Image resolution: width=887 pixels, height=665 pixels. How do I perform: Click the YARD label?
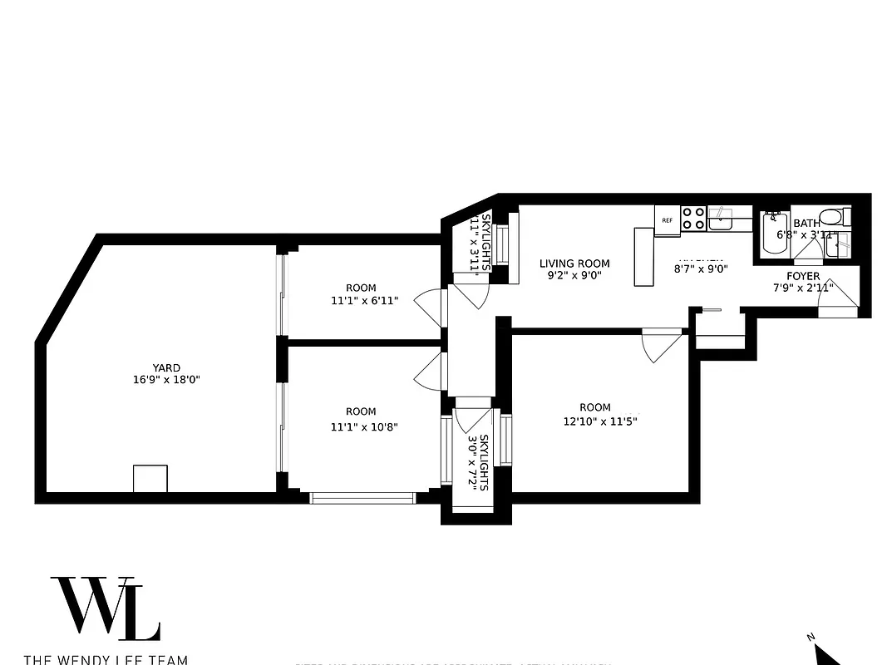coord(165,367)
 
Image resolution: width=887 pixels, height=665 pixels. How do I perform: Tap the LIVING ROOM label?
coord(574,264)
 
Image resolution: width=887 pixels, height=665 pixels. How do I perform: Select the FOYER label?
coord(803,276)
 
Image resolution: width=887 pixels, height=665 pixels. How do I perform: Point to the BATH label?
coord(806,223)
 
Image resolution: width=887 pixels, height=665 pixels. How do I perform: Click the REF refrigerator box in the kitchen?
coord(667,220)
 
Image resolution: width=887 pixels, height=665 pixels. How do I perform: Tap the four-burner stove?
coord(694,219)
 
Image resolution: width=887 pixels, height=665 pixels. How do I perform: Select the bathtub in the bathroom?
coord(773,234)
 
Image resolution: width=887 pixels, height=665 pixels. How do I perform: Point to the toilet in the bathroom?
coord(836,217)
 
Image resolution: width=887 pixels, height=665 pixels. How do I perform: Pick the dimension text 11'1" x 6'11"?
coord(364,301)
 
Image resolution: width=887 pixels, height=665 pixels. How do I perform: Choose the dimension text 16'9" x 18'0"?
coord(165,380)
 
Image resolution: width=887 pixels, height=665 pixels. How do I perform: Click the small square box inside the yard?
coord(150,480)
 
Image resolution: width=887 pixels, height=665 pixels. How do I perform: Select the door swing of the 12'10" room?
coord(663,344)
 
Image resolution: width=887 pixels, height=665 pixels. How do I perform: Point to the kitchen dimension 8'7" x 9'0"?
coord(700,268)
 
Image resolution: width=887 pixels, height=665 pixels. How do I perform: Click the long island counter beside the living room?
coord(644,257)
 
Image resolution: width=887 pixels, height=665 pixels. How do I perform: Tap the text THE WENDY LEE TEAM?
coord(106,659)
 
